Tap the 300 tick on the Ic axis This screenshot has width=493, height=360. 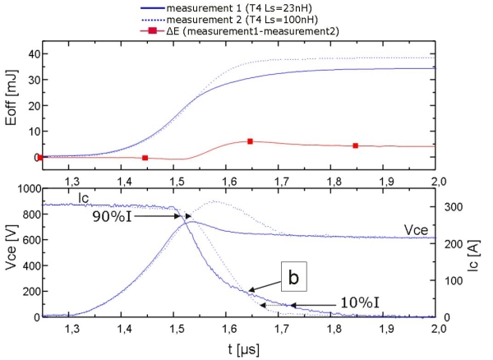[454, 206]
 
